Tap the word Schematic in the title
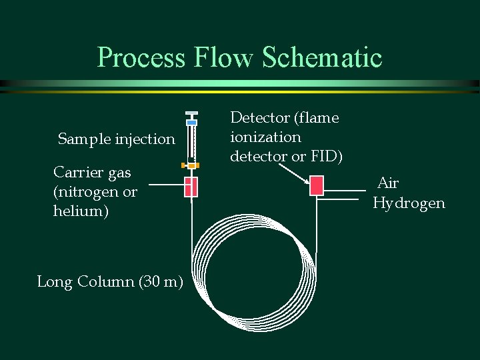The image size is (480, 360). (x=323, y=57)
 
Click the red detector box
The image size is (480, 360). (x=317, y=185)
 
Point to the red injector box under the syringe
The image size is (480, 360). (x=191, y=187)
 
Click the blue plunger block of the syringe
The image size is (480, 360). (x=191, y=123)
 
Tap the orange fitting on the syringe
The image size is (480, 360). (x=191, y=165)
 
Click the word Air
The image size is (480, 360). (x=388, y=183)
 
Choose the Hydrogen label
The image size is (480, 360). (x=409, y=203)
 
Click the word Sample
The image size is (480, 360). (x=84, y=139)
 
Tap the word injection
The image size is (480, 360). (x=145, y=139)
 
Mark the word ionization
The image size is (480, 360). (x=265, y=137)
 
